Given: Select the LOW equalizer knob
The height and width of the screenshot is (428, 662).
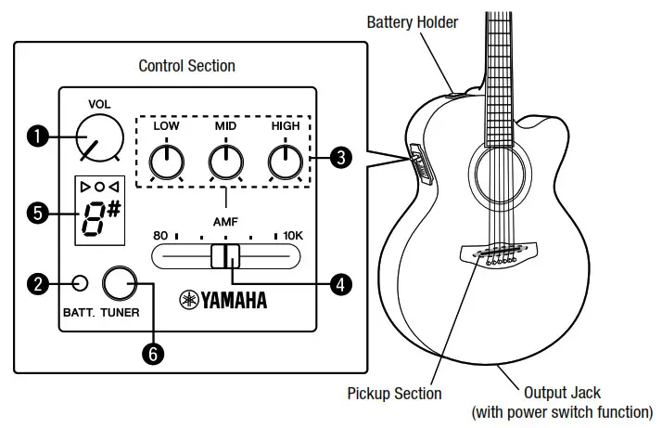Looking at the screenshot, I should click(x=166, y=162).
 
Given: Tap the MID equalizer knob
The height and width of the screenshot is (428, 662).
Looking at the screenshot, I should click(x=224, y=162).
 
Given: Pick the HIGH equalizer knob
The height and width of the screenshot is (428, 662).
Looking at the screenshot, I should click(x=284, y=162).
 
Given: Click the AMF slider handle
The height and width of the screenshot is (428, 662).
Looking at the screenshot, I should click(x=224, y=256).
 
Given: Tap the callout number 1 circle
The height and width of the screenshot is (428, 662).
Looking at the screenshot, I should click(x=38, y=136).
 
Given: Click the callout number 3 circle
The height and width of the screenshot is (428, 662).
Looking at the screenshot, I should click(x=341, y=158).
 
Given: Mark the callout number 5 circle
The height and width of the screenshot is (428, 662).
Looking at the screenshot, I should click(x=38, y=213).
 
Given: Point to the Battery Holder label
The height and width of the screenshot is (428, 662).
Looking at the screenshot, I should click(x=413, y=21).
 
